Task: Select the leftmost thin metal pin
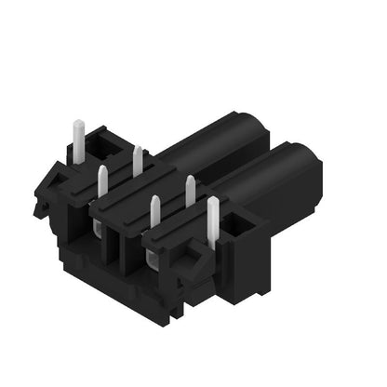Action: click(x=102, y=182)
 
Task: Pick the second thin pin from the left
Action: click(x=138, y=160)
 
